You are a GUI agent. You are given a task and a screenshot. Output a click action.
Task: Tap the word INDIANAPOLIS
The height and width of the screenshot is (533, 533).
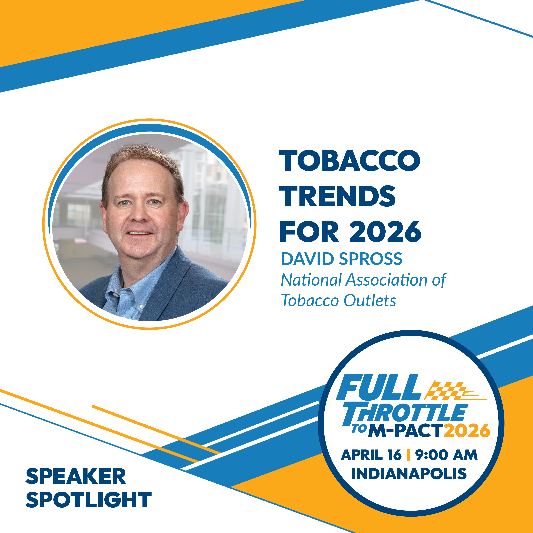[409, 474]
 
